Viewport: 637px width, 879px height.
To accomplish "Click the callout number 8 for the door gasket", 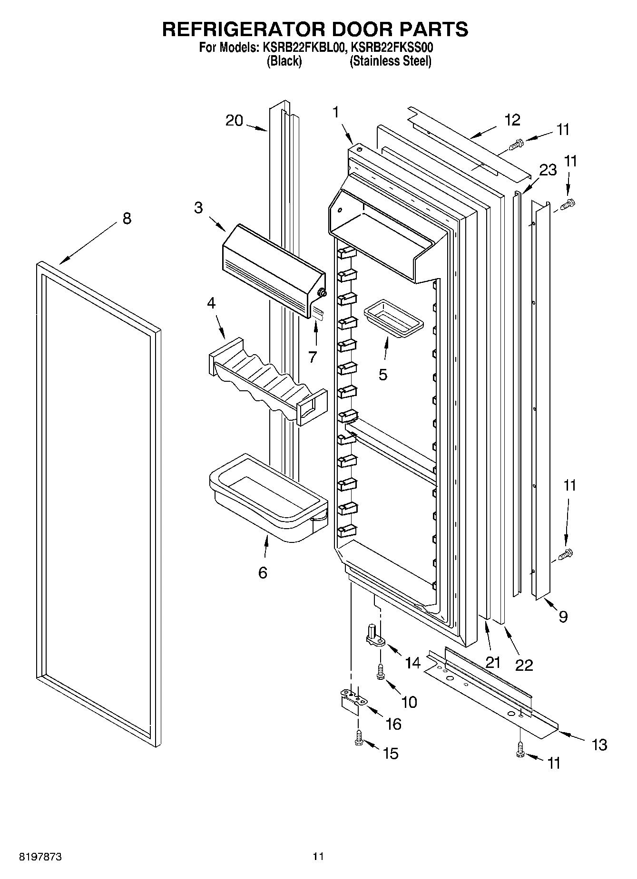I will click(x=127, y=219).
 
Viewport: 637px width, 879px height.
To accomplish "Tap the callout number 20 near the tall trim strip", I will click(x=234, y=121).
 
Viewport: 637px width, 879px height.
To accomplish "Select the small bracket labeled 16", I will click(x=352, y=703).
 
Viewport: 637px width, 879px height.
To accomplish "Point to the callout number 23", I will click(x=548, y=170).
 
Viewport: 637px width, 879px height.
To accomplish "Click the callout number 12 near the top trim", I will click(x=512, y=120).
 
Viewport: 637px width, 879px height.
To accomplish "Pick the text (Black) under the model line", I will click(x=284, y=61).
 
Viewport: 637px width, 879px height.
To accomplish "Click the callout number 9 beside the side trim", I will click(x=563, y=617).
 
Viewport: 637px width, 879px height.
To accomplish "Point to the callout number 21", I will click(x=493, y=661).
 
